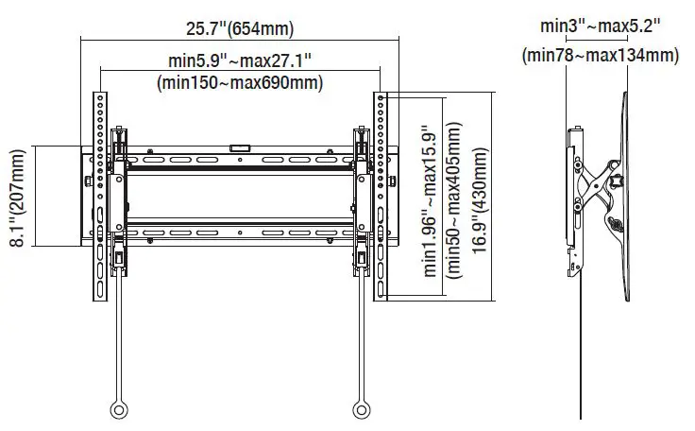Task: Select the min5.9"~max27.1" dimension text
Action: click(x=240, y=60)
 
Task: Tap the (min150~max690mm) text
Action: click(x=240, y=82)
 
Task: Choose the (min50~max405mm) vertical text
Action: click(x=454, y=198)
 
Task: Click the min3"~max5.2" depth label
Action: click(x=600, y=25)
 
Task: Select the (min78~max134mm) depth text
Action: click(x=600, y=55)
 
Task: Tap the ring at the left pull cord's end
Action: click(x=119, y=410)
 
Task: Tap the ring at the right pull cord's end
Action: click(x=362, y=410)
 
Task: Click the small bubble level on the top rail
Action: click(x=239, y=147)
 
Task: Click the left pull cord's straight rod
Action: click(x=119, y=331)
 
